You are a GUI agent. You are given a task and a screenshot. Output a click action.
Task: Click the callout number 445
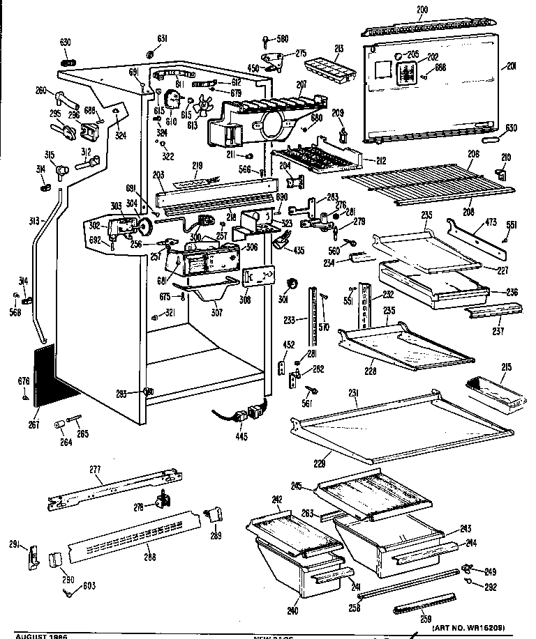click(x=242, y=437)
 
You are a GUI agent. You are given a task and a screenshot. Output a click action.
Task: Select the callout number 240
click(x=292, y=611)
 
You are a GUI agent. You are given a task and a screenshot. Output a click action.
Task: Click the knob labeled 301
click(x=293, y=283)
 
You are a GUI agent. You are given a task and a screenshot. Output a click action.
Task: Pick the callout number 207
click(x=301, y=84)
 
